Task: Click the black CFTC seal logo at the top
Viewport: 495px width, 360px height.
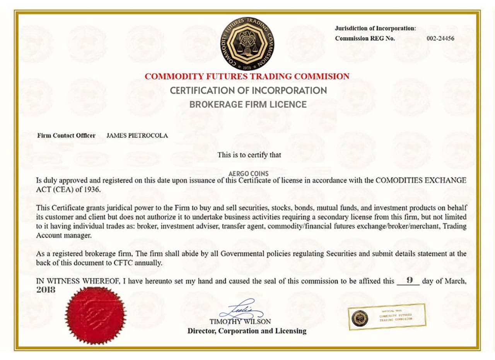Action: (247, 43)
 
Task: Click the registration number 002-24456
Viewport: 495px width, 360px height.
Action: (440, 38)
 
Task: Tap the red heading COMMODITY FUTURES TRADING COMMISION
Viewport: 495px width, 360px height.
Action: (247, 76)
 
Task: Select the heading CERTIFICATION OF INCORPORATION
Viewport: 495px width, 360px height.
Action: (248, 91)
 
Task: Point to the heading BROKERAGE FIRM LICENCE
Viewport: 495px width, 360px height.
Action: (248, 105)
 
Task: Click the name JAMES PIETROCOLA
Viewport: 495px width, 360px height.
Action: (137, 135)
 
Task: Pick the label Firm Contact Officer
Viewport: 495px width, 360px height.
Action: (66, 135)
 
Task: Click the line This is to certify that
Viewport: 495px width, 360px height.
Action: (249, 155)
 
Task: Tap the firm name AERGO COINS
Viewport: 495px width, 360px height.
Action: (248, 174)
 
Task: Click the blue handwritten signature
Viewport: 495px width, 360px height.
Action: (241, 310)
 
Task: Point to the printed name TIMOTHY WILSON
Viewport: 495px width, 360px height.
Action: (240, 322)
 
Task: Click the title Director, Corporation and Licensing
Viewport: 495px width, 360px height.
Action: (247, 331)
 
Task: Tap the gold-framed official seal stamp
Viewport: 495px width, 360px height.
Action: (387, 317)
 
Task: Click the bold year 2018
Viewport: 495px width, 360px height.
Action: (46, 290)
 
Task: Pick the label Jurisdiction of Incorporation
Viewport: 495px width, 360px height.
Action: (375, 28)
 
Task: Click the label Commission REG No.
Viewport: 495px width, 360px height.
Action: (365, 38)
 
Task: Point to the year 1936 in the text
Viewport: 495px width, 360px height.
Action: (92, 190)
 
